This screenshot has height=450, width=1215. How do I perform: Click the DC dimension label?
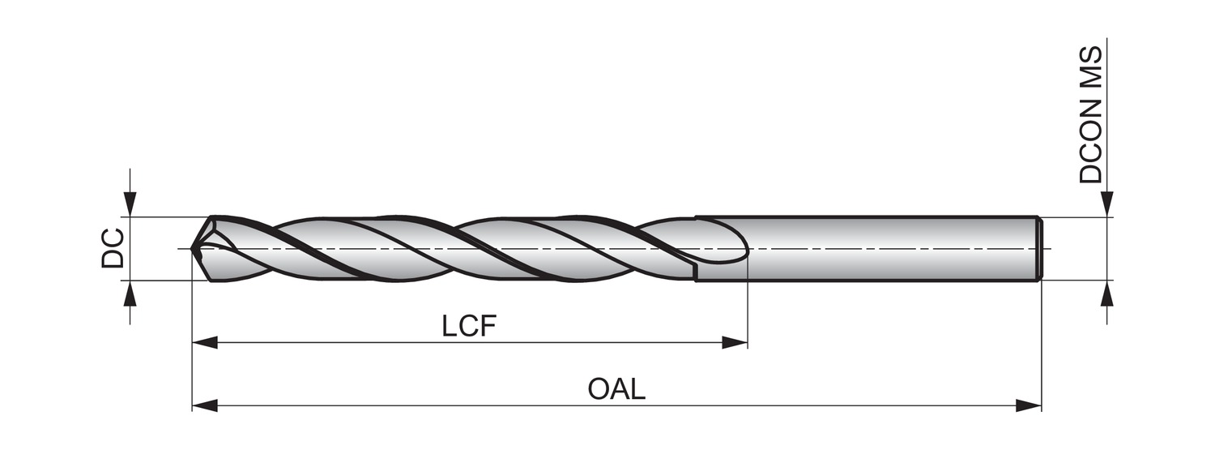pos(113,248)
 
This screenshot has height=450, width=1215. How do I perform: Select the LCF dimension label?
pos(468,326)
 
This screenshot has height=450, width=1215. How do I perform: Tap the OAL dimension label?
pos(616,388)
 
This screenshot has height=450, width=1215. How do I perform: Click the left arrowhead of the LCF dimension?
pos(204,343)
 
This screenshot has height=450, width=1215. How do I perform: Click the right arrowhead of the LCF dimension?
pos(734,343)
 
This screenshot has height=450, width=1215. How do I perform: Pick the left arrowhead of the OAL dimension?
pos(204,405)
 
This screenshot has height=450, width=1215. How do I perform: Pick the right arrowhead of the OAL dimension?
pos(1029,405)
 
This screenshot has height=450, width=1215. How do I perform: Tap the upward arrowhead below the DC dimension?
pos(130,292)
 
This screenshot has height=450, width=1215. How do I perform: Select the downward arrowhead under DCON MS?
pos(1107,205)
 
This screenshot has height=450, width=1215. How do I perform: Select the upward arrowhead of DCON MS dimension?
pos(1107,292)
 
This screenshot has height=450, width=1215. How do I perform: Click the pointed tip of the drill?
pos(193,249)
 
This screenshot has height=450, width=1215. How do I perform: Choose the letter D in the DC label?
pos(113,259)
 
